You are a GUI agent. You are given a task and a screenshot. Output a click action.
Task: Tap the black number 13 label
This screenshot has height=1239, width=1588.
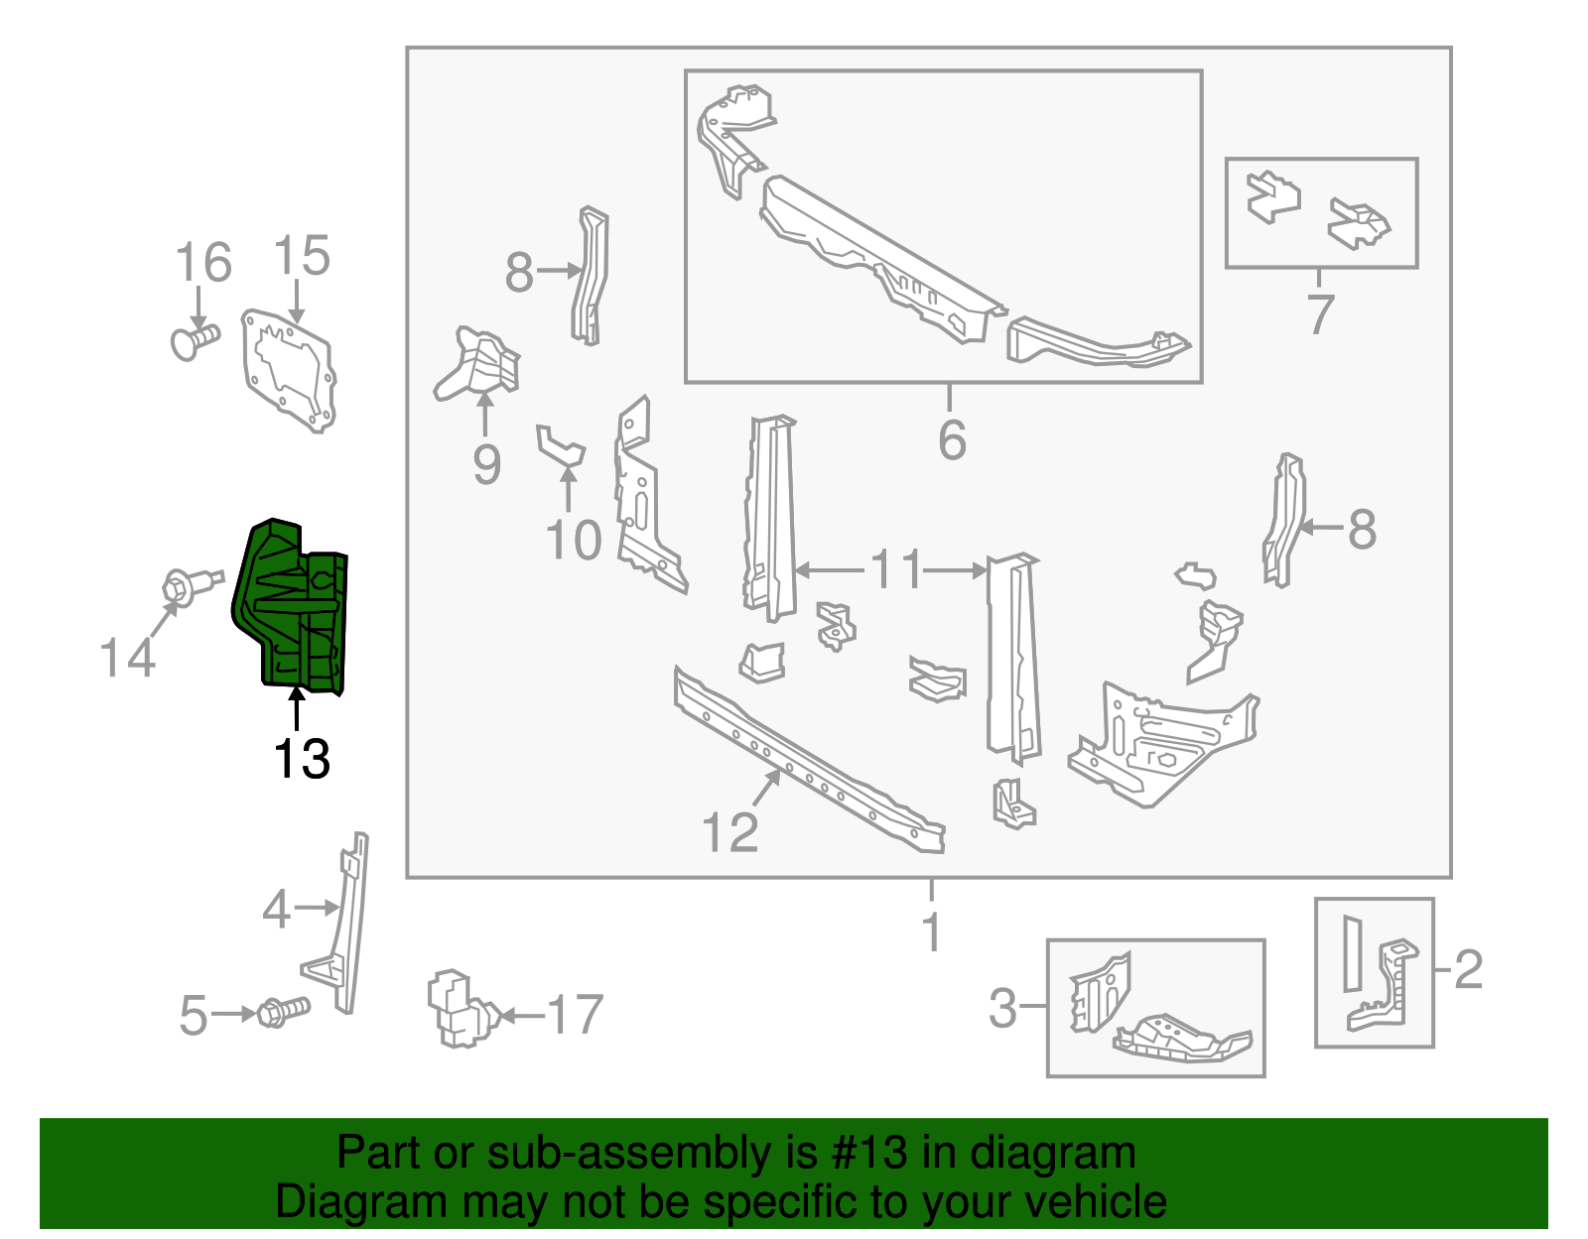[x=301, y=760]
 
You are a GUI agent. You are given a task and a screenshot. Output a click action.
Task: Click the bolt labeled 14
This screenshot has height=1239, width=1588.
[x=190, y=584]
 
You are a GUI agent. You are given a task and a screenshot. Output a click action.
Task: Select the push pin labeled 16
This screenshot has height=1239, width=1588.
[x=194, y=341]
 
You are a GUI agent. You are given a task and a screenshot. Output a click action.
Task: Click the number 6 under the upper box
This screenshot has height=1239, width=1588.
[x=952, y=440]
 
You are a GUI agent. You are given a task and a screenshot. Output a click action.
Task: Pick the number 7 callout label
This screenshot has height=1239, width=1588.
[x=1320, y=314]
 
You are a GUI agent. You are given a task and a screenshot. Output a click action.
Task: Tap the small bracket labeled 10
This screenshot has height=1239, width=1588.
[x=561, y=446]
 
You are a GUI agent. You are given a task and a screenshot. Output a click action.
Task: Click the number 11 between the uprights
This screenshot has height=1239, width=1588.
[x=896, y=570]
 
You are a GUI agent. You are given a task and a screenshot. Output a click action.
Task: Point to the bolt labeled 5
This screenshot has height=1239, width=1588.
[x=284, y=1013]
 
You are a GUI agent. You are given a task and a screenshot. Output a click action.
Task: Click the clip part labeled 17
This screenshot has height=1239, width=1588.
[x=459, y=1009]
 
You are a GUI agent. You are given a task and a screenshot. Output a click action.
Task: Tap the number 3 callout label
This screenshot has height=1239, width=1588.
[x=1002, y=1008]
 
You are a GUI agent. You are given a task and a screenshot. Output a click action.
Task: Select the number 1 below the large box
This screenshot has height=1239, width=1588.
[x=931, y=930]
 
